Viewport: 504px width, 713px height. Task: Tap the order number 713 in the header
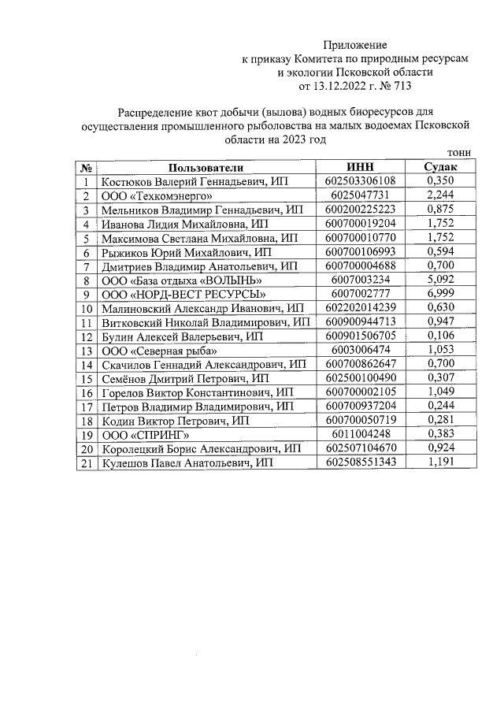pyautogui.click(x=402, y=85)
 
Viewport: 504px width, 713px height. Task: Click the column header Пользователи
pyautogui.click(x=206, y=167)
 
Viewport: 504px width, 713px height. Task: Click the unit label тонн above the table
pyautogui.click(x=458, y=153)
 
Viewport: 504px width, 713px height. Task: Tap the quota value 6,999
pyautogui.click(x=441, y=294)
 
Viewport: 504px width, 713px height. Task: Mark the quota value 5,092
pyautogui.click(x=441, y=280)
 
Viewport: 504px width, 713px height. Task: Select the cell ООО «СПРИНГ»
pyautogui.click(x=146, y=435)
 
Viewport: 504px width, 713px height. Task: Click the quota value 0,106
pyautogui.click(x=441, y=336)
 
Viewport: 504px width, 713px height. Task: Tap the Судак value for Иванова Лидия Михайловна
pyautogui.click(x=441, y=224)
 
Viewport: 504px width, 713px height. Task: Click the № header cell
pyautogui.click(x=86, y=167)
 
